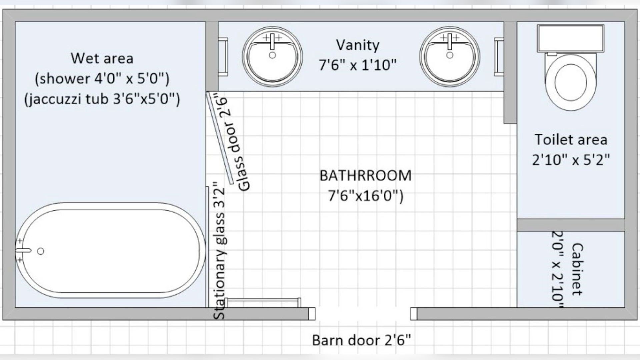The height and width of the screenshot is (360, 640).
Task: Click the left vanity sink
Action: (272, 57)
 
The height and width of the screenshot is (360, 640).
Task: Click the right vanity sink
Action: (450, 57)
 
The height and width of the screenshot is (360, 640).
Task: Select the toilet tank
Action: (570, 38)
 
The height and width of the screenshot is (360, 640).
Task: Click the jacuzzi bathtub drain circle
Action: (41, 251)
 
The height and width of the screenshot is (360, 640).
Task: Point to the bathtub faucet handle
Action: (23, 250)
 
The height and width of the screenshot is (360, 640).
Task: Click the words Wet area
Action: (102, 58)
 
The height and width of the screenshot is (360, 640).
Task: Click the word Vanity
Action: (358, 45)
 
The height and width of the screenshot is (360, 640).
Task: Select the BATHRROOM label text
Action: (365, 176)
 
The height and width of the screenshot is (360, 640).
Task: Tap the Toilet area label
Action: (571, 140)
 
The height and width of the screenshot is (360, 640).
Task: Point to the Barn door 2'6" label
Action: (362, 340)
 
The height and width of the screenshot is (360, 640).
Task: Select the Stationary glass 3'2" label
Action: (219, 251)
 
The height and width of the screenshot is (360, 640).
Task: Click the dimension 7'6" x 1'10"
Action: (358, 65)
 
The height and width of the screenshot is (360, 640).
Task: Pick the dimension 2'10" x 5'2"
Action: (571, 160)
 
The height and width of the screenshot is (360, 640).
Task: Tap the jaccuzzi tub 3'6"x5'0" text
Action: (102, 99)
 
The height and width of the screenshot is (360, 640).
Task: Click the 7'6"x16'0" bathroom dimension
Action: (366, 196)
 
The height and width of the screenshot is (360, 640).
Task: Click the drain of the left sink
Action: (272, 55)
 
